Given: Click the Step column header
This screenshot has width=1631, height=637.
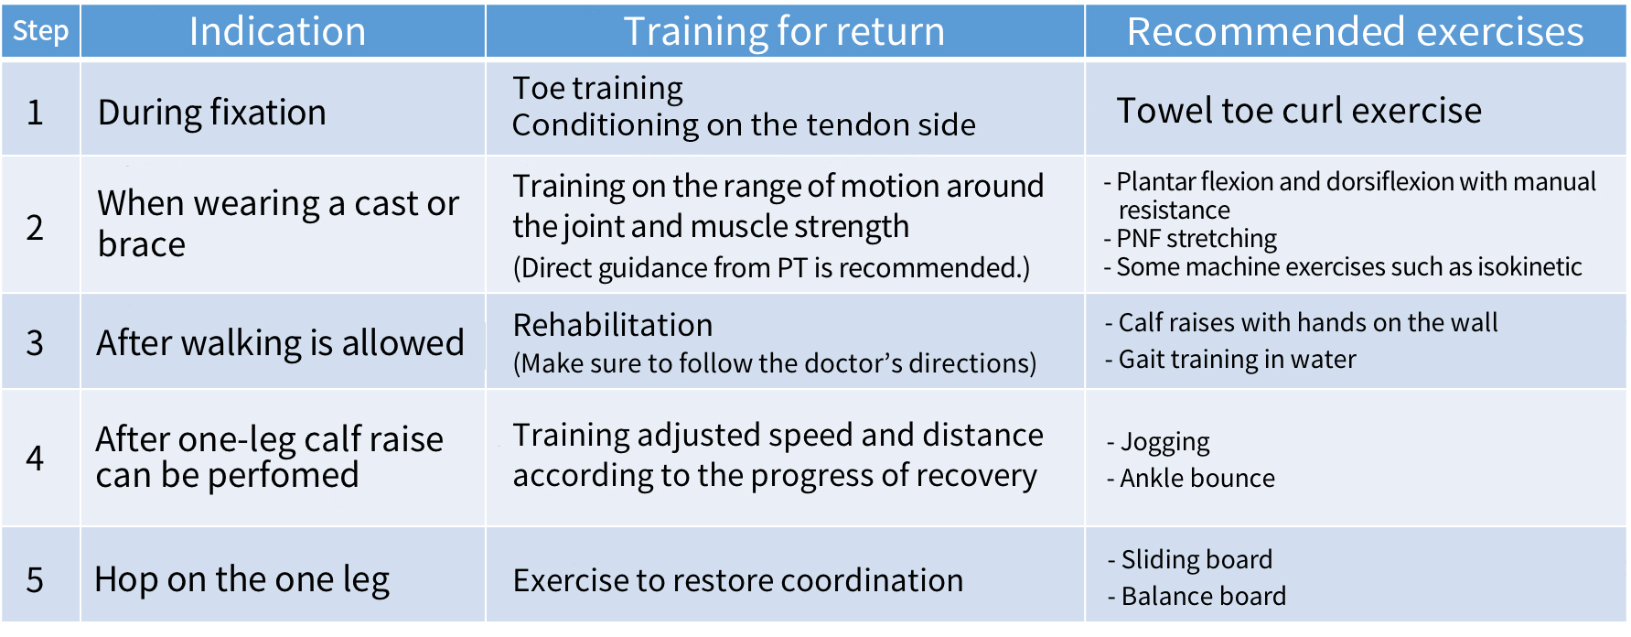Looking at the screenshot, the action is click(x=40, y=31).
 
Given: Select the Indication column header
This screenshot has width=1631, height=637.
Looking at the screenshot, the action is click(x=277, y=31).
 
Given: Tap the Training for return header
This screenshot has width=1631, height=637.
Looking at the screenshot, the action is click(x=784, y=31).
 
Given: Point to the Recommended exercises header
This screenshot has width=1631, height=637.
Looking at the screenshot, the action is click(x=1355, y=31).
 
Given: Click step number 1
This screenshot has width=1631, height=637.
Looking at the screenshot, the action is click(x=35, y=113).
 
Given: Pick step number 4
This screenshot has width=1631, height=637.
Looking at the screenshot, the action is click(x=35, y=458).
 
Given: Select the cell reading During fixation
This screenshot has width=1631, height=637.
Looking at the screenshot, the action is click(x=211, y=113).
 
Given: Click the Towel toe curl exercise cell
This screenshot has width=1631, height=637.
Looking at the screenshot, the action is click(x=1299, y=111).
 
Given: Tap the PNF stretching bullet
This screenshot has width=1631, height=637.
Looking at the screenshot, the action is click(x=1190, y=239).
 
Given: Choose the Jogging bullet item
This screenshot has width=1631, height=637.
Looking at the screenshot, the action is click(x=1158, y=443).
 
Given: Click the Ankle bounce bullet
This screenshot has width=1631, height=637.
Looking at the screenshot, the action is click(x=1191, y=478).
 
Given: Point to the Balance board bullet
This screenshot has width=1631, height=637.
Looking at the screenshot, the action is click(x=1196, y=596).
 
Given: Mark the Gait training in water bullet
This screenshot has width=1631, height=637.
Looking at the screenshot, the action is click(x=1230, y=360).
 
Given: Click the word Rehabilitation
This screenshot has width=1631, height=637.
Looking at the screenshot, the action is click(x=613, y=325).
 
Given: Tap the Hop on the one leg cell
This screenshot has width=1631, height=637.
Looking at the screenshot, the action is click(x=242, y=580).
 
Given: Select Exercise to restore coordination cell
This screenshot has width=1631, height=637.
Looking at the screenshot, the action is click(x=738, y=580).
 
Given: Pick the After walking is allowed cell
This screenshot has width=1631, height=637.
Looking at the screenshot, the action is click(x=281, y=343).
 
